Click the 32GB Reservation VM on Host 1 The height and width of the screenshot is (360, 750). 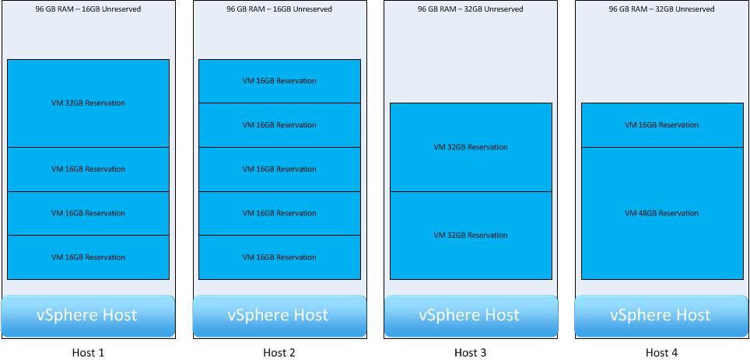88,103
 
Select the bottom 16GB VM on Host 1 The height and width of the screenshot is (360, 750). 88,257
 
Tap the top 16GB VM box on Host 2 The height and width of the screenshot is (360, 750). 279,81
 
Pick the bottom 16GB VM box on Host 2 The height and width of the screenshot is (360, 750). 279,257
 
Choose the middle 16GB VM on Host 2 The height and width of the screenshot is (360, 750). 279,170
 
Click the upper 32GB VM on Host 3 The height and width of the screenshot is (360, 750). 471,147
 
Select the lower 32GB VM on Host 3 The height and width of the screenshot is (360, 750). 471,236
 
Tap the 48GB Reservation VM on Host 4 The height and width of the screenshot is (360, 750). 662,213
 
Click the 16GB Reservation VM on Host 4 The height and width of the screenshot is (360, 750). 662,125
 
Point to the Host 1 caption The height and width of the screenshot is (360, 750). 88,352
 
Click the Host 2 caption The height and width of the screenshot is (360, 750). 279,352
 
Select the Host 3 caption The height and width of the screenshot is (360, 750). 471,352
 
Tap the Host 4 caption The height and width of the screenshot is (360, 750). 662,352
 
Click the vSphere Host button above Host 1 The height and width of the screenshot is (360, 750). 88,316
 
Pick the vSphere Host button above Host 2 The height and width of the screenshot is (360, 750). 279,316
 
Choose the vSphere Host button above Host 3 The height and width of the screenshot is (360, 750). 471,316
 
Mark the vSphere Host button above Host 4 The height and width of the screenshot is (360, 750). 662,316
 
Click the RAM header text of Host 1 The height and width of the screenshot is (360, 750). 88,9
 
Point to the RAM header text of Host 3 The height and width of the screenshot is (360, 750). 471,9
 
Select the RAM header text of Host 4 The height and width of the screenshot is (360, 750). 662,9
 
